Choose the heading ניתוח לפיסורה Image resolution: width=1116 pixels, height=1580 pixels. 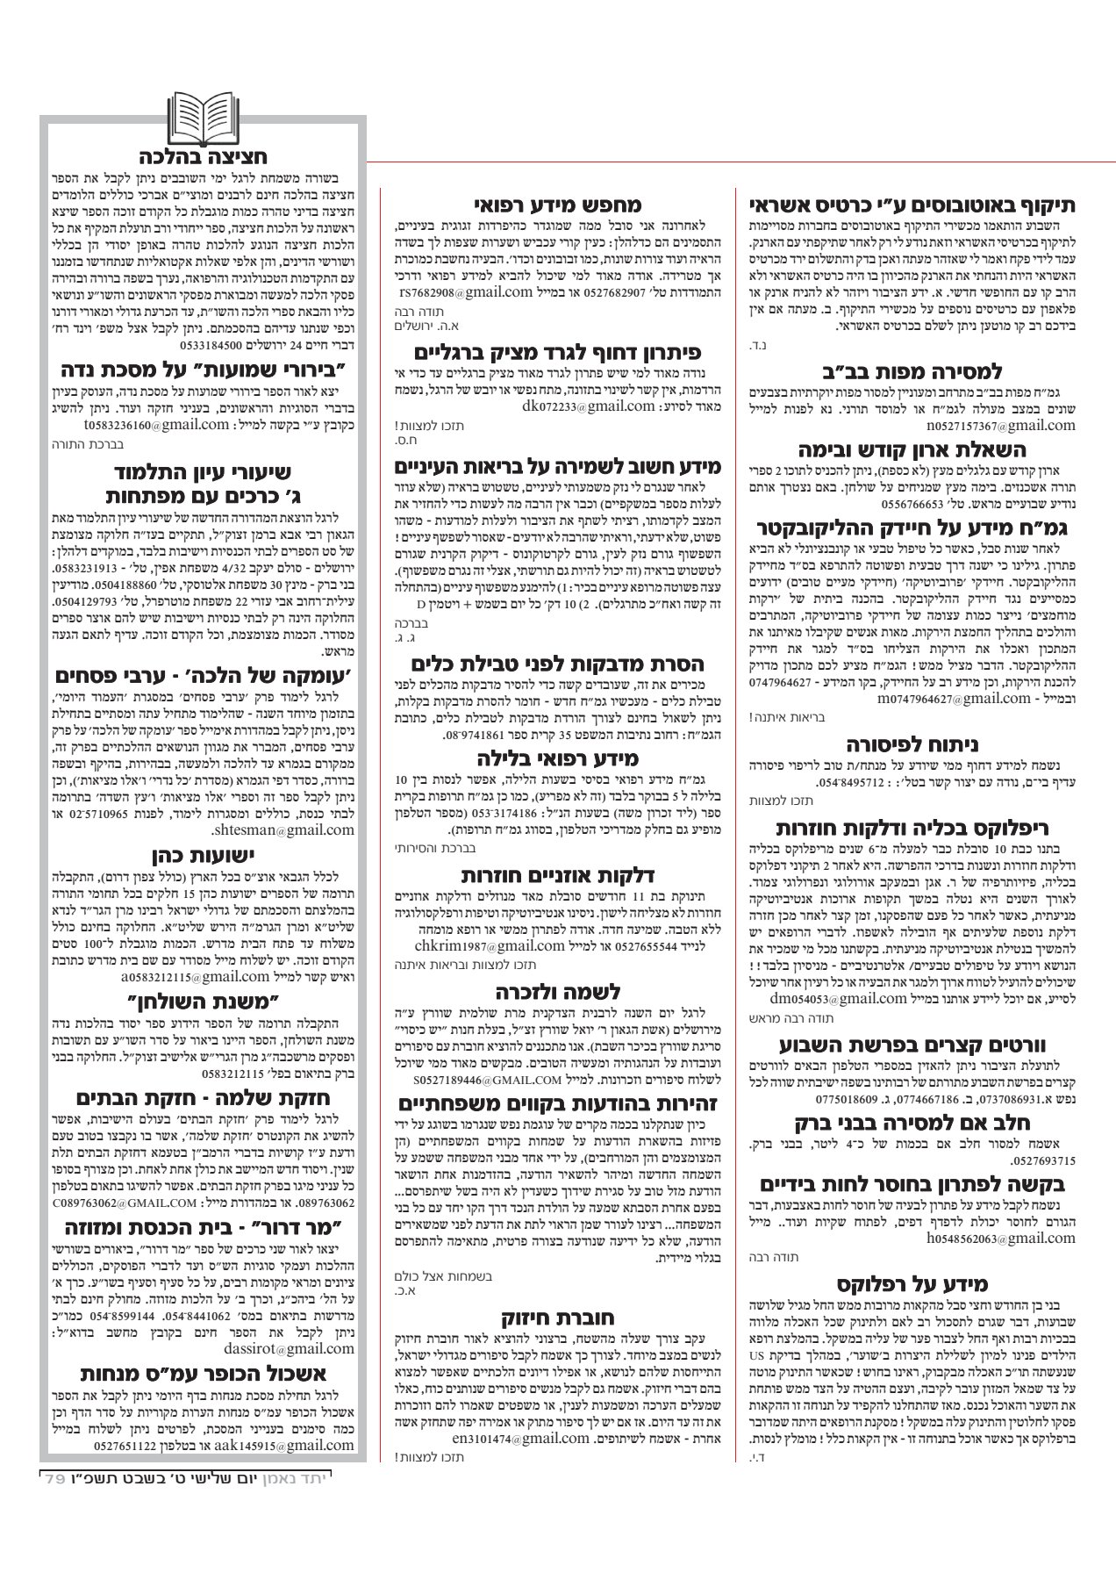[912, 745]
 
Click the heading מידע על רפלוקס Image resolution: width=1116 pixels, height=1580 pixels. [912, 1285]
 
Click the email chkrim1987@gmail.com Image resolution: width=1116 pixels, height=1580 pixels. [489, 945]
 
